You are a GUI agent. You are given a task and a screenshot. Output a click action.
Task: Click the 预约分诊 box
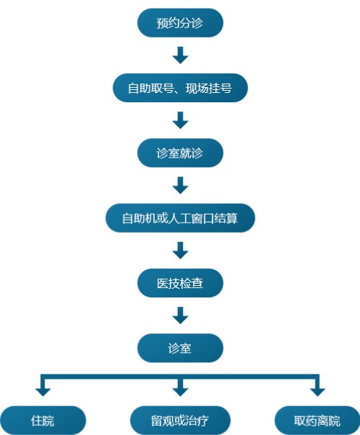click(180, 23)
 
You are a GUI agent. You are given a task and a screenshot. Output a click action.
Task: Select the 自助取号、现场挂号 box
click(180, 88)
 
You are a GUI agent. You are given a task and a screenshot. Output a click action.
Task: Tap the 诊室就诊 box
click(180, 153)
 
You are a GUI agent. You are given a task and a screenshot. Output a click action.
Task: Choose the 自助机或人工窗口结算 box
click(180, 218)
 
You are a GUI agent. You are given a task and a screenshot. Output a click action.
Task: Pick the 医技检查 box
click(180, 283)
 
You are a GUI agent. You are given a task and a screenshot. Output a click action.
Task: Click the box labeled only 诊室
click(180, 348)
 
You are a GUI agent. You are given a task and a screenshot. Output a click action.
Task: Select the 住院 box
click(43, 421)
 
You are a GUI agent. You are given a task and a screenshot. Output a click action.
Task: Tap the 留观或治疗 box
click(180, 421)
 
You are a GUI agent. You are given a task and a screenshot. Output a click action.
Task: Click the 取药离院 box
click(318, 421)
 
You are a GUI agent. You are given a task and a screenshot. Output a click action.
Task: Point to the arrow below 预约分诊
click(180, 55)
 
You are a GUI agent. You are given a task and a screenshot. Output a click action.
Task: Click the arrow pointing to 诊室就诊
click(180, 120)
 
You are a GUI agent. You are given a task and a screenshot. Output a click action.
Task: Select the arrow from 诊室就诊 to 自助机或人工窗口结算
click(180, 185)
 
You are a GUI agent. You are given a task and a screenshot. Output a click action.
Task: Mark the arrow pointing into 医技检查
click(180, 250)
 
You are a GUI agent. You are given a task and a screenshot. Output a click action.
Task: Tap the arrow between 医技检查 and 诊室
click(180, 315)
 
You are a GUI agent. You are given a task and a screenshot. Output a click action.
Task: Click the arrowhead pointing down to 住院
click(43, 392)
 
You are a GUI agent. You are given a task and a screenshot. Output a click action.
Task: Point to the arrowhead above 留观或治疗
click(180, 392)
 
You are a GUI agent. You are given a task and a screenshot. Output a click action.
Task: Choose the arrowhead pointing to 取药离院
click(318, 392)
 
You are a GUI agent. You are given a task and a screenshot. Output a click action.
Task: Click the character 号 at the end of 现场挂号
click(226, 88)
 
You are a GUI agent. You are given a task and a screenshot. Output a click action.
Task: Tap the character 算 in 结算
click(232, 218)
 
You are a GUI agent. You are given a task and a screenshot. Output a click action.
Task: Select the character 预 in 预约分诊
click(162, 23)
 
